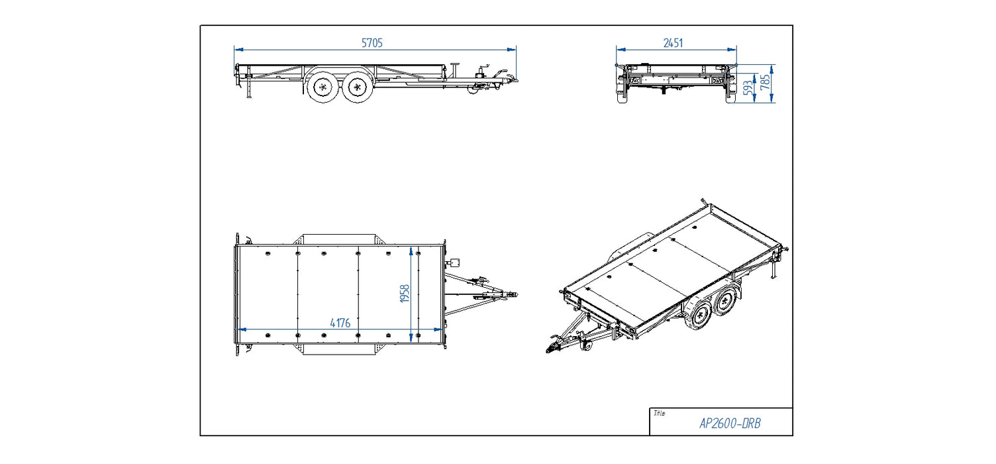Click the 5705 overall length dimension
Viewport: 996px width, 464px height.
[x=372, y=42]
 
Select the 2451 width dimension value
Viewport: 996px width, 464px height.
[x=673, y=43]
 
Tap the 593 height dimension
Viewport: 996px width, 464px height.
[x=748, y=87]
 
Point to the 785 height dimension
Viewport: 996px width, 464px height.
[x=766, y=83]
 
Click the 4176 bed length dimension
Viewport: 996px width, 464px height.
[x=340, y=323]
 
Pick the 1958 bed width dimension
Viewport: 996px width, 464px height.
[x=405, y=294]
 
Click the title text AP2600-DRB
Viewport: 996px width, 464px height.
[x=730, y=424]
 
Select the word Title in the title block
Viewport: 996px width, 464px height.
[x=659, y=414]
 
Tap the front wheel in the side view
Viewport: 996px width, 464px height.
[x=358, y=86]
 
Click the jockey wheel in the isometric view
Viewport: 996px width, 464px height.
[x=585, y=345]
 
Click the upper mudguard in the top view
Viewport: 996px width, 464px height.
[x=338, y=239]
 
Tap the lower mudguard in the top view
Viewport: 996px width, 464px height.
[x=338, y=350]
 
